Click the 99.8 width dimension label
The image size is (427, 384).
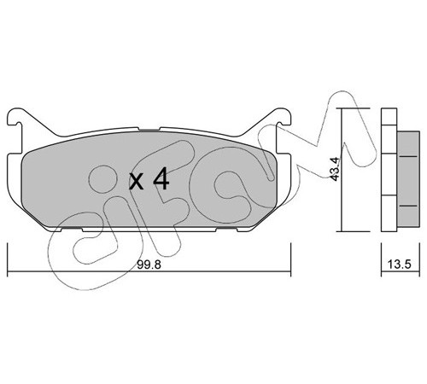coord(149,265)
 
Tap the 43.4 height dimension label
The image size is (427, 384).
coord(336,168)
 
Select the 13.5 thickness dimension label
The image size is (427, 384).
coord(399,265)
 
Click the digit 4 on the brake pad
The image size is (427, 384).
coord(161,178)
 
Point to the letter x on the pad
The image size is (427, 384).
coord(136,181)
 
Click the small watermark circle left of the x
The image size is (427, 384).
coord(102,179)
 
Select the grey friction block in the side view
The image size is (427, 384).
coord(408,179)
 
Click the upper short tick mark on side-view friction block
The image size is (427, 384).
coord(408,156)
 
